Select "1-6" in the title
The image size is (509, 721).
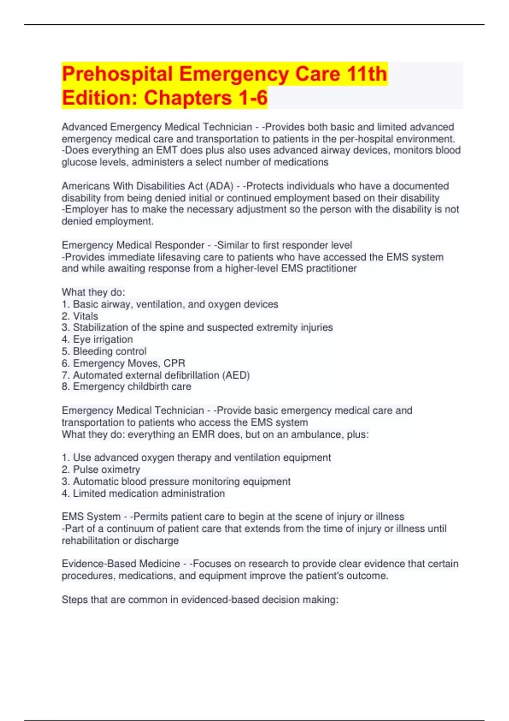(253, 98)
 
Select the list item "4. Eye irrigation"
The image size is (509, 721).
(97, 339)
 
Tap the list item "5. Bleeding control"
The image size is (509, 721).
(104, 351)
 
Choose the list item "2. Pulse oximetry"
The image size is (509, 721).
(101, 469)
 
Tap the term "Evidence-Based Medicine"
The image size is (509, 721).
(121, 564)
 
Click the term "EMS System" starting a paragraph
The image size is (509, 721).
(91, 517)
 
